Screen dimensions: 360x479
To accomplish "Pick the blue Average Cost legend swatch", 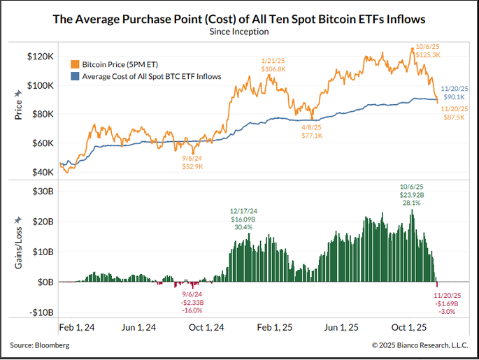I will [x=75, y=75].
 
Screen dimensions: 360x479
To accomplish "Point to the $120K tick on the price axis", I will [x=38, y=56].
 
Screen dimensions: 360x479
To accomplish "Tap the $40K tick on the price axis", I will [x=41, y=172].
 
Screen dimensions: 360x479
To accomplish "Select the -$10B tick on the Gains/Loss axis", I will [x=38, y=312].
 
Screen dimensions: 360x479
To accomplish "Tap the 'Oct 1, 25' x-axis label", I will [x=408, y=327].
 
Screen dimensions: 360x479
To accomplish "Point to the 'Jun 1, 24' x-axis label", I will [x=139, y=327].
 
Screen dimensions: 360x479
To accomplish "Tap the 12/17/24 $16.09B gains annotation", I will [x=244, y=219].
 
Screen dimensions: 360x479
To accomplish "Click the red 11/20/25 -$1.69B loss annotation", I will [x=448, y=304].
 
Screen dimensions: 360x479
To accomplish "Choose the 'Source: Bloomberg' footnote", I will [x=40, y=345].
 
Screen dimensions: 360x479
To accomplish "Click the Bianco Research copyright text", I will [x=420, y=345].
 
